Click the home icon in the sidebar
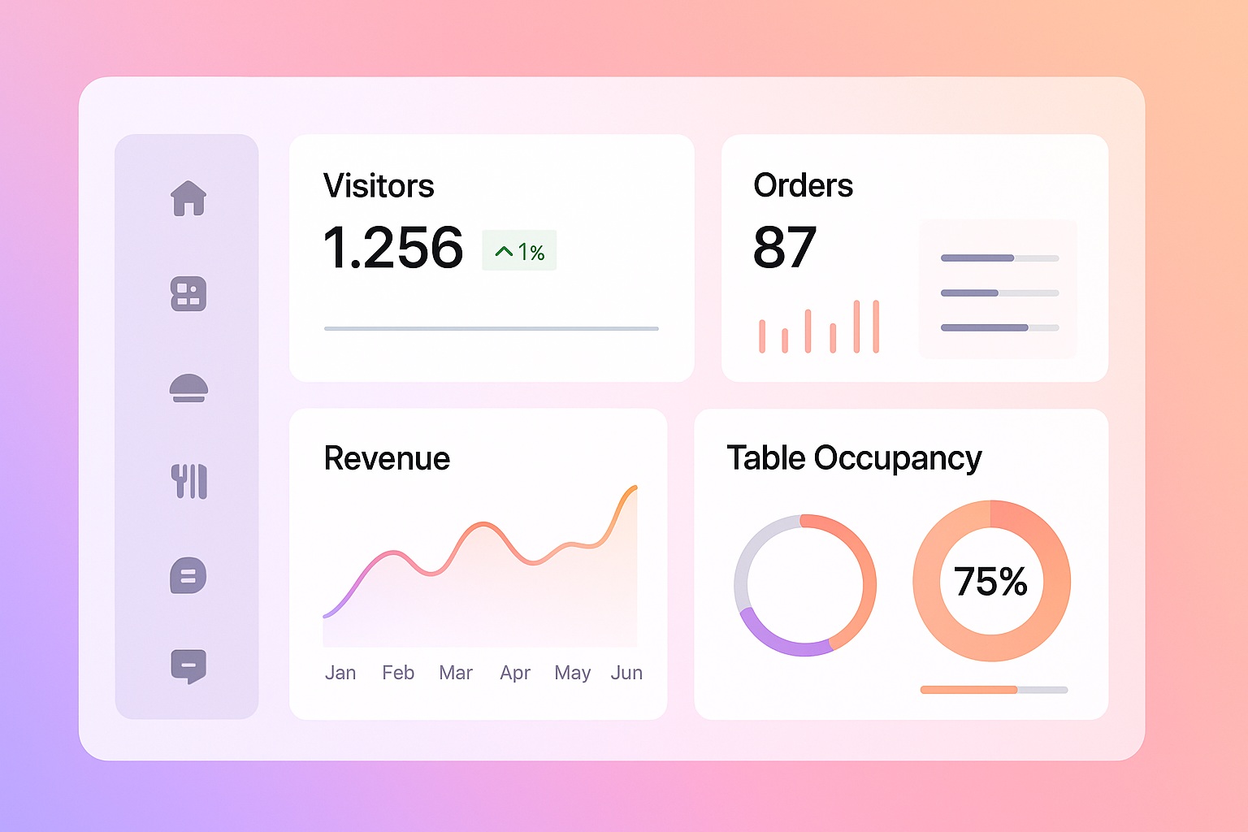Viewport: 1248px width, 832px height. pos(188,198)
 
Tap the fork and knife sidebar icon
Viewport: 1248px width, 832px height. pos(189,482)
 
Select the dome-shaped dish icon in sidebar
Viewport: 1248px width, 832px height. pos(188,388)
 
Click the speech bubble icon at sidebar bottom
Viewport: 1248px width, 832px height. pos(188,666)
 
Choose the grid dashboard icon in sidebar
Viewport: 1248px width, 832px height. pos(188,294)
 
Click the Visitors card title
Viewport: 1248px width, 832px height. pos(379,186)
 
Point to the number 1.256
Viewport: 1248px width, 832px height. pos(393,248)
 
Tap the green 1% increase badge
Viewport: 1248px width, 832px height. pos(519,251)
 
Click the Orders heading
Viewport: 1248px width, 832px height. pos(803,186)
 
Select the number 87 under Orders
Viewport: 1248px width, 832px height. pos(784,248)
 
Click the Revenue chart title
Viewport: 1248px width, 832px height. pos(387,458)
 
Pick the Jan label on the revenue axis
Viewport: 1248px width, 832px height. pos(340,673)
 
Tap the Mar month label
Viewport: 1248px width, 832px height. pos(456,673)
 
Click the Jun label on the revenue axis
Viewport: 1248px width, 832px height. pos(626,673)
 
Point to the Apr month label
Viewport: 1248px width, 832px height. pos(515,673)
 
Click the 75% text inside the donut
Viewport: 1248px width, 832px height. pos(990,582)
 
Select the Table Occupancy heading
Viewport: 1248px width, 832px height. pos(854,458)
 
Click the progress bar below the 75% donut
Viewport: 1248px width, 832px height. pos(993,690)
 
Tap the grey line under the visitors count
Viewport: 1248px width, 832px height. pos(491,328)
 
